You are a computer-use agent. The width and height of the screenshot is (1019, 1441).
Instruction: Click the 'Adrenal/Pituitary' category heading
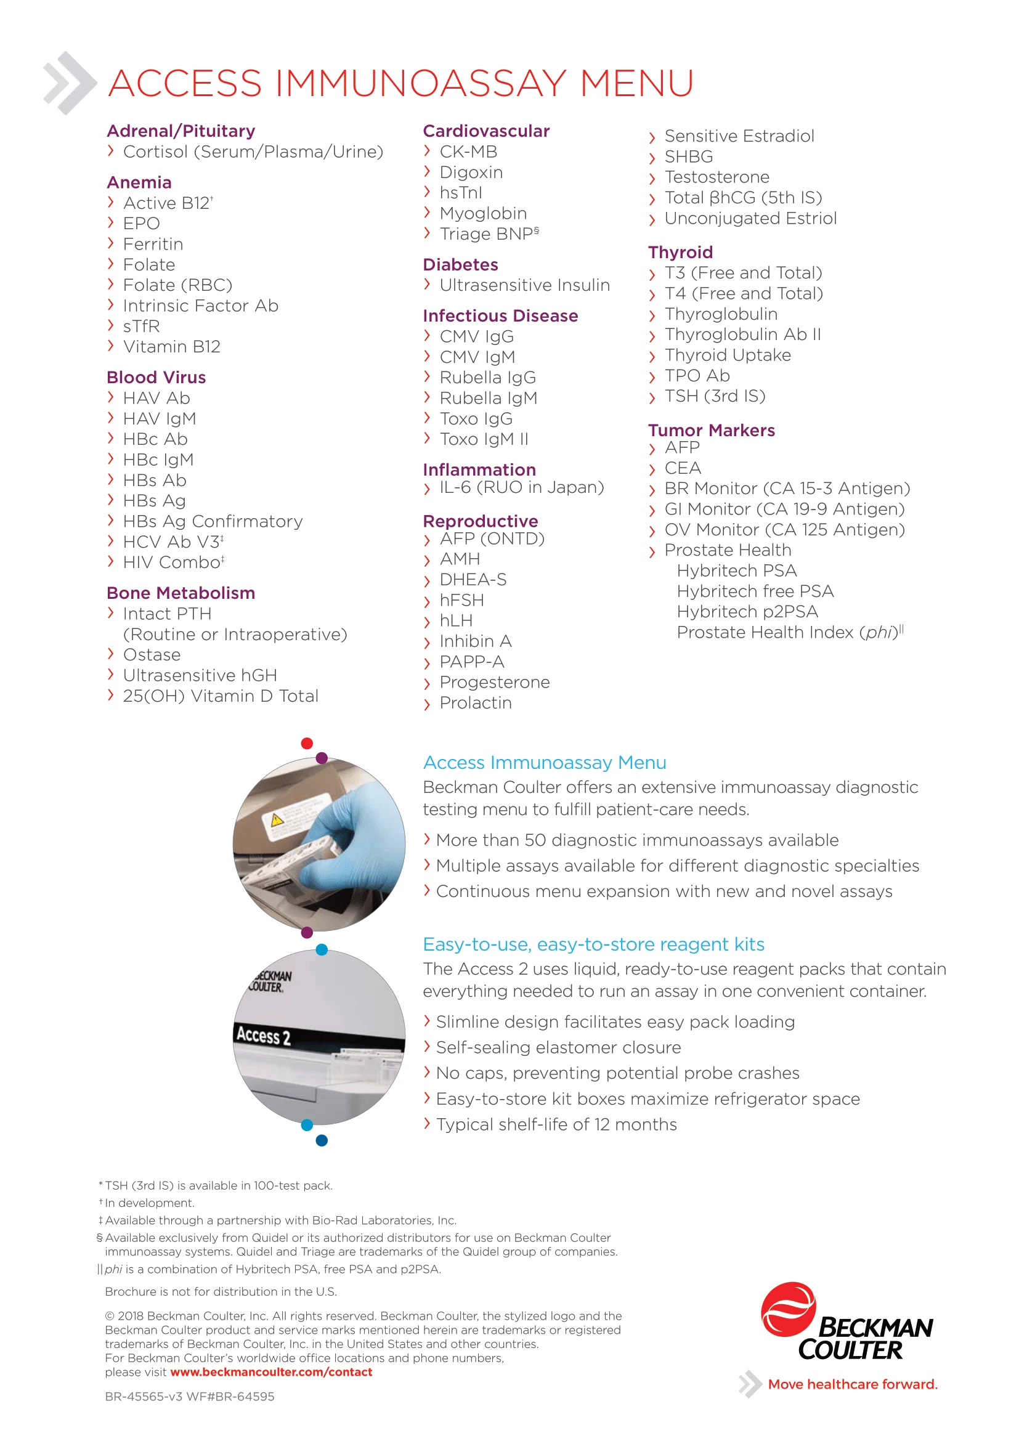181,131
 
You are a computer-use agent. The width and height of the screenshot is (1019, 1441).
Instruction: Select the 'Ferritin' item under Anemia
153,244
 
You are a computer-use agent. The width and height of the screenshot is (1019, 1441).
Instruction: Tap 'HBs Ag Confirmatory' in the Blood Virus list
213,522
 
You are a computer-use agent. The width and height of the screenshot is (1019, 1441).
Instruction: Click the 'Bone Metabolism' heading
181,593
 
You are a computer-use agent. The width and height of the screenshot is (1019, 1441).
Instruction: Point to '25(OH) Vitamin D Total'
221,696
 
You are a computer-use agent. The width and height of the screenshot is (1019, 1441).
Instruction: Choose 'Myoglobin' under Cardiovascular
483,213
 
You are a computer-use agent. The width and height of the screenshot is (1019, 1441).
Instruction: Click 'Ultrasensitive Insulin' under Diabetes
524,286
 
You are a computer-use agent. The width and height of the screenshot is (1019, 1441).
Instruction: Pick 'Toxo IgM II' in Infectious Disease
484,439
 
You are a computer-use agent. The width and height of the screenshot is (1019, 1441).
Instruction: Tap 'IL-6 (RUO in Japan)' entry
521,488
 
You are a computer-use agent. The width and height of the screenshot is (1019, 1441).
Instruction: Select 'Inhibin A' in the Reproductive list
476,641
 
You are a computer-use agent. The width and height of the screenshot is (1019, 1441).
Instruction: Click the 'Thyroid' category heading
680,253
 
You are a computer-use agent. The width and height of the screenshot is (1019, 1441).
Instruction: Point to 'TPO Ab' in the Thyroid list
697,376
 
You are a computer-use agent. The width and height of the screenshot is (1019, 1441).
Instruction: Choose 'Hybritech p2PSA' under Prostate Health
747,612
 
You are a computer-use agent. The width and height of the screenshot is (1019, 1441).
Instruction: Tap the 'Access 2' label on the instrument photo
264,1036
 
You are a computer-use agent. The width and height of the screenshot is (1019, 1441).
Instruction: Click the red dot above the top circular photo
307,744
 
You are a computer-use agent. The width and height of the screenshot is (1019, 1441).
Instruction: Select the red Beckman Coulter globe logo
787,1310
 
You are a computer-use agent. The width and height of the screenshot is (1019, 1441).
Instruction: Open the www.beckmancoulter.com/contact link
271,1373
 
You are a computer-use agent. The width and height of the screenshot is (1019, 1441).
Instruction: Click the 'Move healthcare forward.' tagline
852,1385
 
